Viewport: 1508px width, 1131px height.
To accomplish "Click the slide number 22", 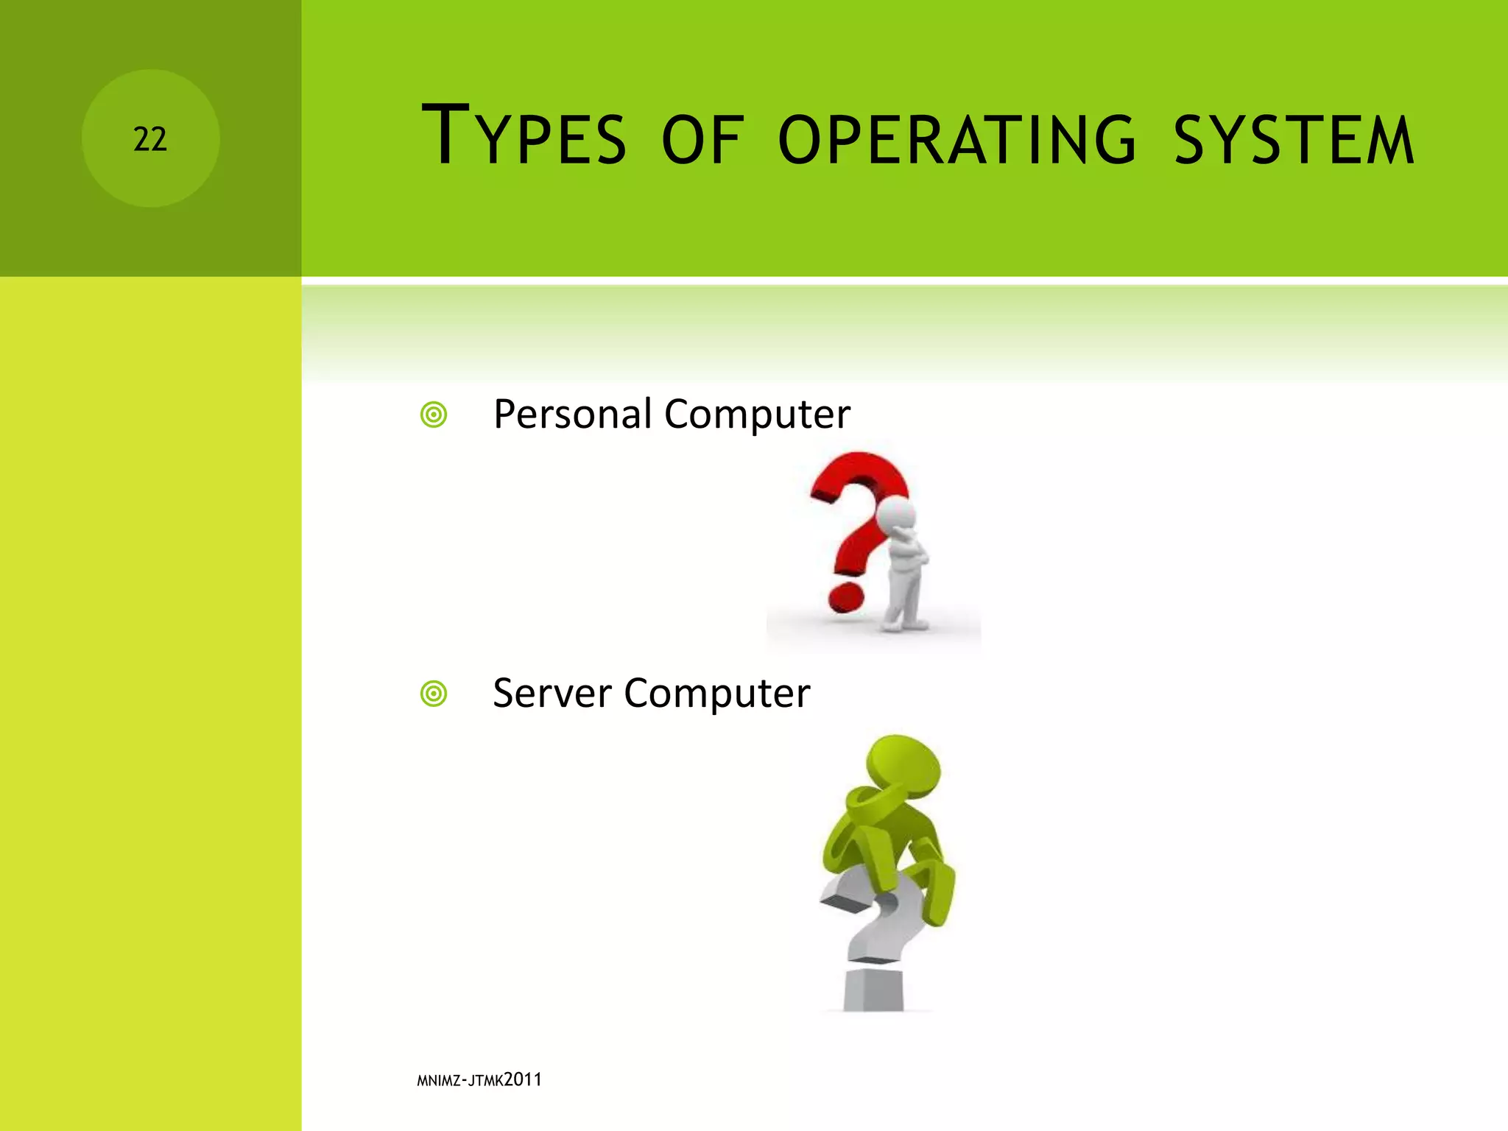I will pos(150,139).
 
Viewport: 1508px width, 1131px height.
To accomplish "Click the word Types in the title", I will pos(524,137).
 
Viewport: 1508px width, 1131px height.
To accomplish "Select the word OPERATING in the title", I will pos(956,140).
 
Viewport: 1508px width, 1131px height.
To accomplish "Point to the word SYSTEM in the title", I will pos(1293,140).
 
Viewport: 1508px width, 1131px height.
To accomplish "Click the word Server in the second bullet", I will pos(552,693).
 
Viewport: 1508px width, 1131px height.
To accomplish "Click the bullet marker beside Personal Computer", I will pos(434,415).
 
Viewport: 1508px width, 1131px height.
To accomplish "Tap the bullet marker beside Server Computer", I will pos(434,694).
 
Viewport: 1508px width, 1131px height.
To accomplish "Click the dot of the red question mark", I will pos(845,597).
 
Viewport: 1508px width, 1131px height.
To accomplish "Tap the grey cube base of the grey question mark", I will pos(873,990).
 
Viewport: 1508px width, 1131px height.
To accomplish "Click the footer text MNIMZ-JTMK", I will pos(460,1081).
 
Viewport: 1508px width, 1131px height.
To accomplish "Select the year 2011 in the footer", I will pos(523,1079).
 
